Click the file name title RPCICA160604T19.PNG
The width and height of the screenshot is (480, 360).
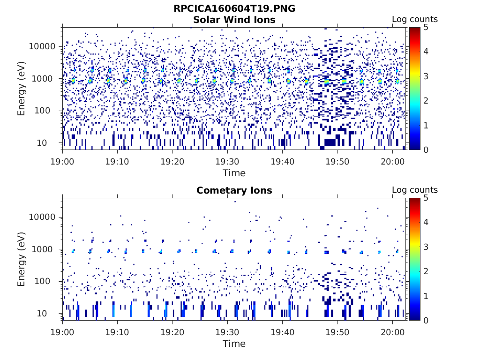234,8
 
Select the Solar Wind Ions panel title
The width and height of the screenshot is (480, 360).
234,20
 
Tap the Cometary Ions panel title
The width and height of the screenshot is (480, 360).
234,190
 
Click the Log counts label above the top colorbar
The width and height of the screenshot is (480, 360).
415,19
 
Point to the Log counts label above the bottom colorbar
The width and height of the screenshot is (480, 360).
415,190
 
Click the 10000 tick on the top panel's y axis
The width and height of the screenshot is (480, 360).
42,46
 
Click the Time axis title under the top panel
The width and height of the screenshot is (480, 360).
234,173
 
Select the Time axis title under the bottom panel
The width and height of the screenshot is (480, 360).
234,344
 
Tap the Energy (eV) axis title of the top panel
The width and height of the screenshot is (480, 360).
22,89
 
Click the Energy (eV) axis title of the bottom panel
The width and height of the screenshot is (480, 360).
22,259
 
